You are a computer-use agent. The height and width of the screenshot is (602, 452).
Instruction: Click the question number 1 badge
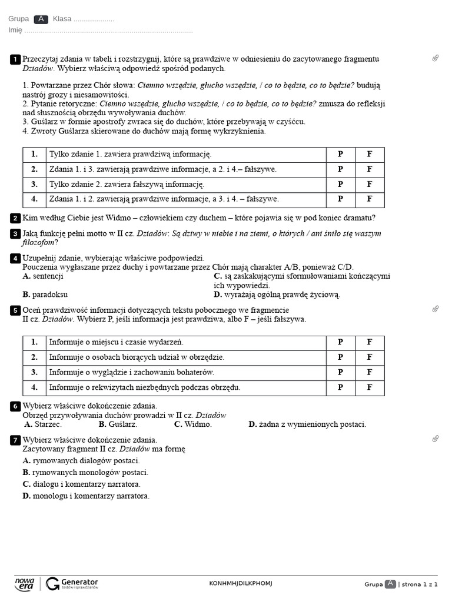click(15, 59)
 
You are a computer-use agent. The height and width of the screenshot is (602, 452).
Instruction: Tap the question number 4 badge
click(15, 258)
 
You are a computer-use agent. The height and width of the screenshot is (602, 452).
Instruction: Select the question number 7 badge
click(15, 440)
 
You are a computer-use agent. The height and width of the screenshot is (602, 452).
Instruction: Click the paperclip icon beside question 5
click(436, 309)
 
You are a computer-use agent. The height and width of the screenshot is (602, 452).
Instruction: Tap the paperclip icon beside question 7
click(436, 439)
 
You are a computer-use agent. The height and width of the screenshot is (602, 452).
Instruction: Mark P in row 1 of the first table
click(340, 154)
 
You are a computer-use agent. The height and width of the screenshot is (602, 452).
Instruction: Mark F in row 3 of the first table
click(370, 185)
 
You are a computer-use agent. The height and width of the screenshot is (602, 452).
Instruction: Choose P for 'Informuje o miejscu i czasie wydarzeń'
click(340, 342)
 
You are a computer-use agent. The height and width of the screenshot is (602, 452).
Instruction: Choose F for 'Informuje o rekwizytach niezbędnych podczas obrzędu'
click(370, 387)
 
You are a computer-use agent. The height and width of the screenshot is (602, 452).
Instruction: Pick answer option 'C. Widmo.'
click(192, 424)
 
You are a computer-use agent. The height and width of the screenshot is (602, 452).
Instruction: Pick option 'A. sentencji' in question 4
click(42, 276)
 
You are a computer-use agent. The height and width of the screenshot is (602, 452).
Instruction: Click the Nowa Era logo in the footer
click(24, 583)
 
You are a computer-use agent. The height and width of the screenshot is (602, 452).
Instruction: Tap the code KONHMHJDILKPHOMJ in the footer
click(241, 583)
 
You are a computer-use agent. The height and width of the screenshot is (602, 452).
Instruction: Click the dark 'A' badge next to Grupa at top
click(41, 19)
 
